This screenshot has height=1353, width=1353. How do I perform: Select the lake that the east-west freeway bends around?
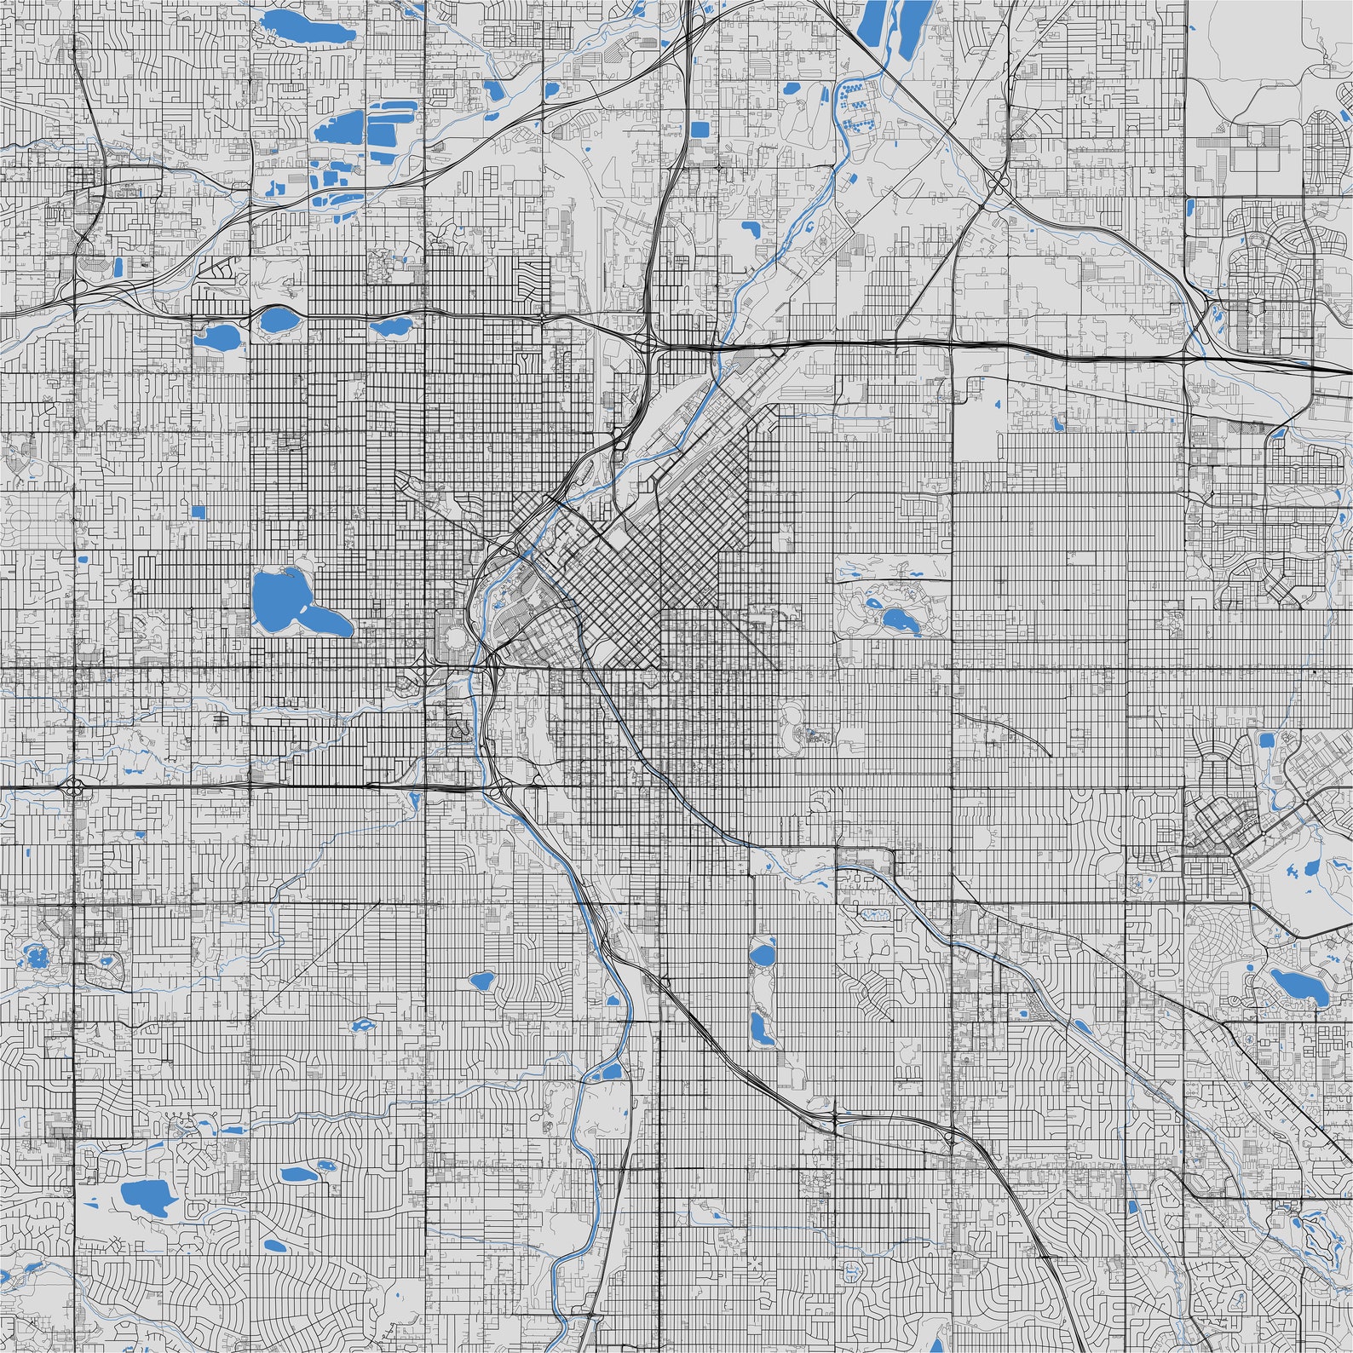click(275, 320)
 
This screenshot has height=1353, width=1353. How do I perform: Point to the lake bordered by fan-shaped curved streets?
click(481, 980)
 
